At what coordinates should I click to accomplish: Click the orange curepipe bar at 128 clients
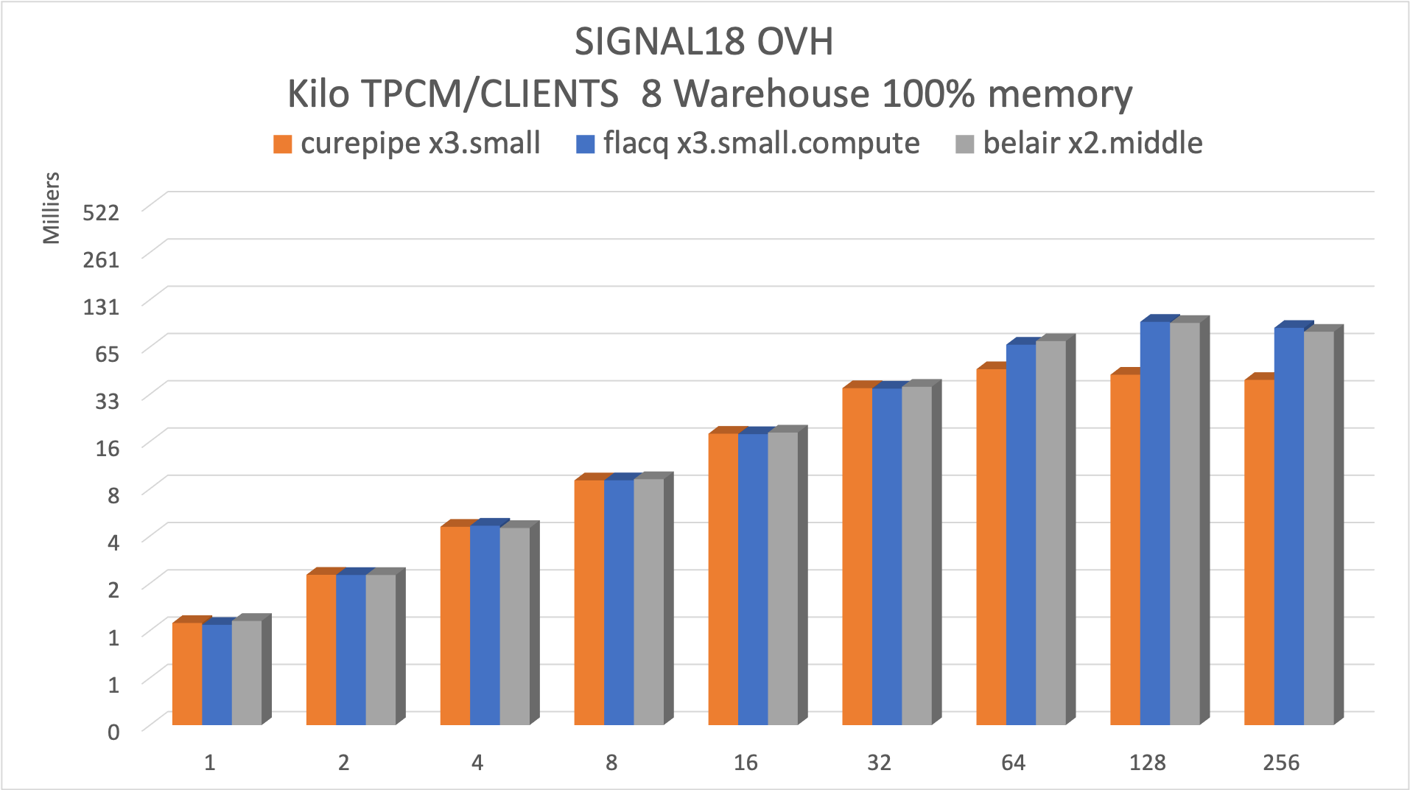(x=1125, y=549)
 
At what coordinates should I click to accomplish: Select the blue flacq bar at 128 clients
(x=1154, y=523)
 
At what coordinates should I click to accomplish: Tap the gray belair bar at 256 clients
(x=1319, y=528)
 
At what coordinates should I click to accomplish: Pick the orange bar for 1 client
(x=187, y=674)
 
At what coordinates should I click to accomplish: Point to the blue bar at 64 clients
(x=1020, y=534)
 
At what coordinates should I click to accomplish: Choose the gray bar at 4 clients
(x=514, y=626)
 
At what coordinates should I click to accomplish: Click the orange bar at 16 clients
(x=723, y=578)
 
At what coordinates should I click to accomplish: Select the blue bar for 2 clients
(x=351, y=649)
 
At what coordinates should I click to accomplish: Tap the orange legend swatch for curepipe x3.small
(x=282, y=144)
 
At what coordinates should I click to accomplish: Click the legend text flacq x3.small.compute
(x=761, y=143)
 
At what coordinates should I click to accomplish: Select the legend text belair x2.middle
(x=1092, y=143)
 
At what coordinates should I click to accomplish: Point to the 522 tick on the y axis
(x=101, y=212)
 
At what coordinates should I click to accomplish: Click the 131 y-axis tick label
(x=101, y=306)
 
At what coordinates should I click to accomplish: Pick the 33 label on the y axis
(x=107, y=401)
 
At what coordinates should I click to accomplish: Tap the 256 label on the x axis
(x=1281, y=763)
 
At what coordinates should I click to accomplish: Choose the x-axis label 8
(x=611, y=763)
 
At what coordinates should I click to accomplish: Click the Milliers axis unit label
(x=51, y=208)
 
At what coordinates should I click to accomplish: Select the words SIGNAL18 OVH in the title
(x=704, y=42)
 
